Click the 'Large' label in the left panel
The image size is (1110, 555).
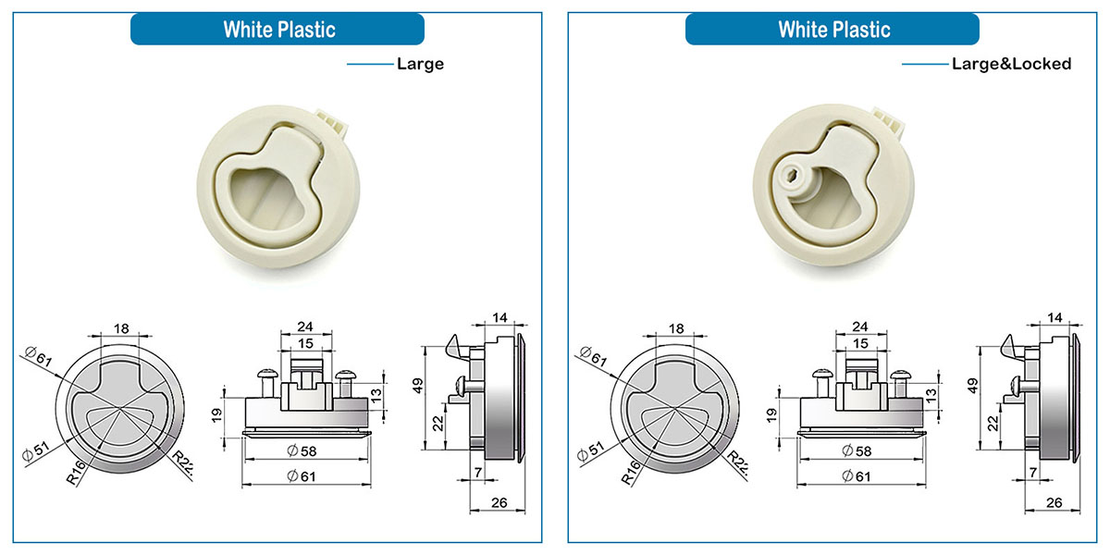click(420, 64)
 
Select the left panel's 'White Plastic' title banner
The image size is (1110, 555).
click(277, 30)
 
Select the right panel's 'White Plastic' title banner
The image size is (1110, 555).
click(832, 30)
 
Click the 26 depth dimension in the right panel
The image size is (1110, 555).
click(1052, 503)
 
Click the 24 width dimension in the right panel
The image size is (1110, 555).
click(860, 327)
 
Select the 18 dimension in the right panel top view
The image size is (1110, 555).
click(676, 328)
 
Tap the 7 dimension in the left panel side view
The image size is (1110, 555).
click(477, 474)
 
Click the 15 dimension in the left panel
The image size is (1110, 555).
click(304, 344)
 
